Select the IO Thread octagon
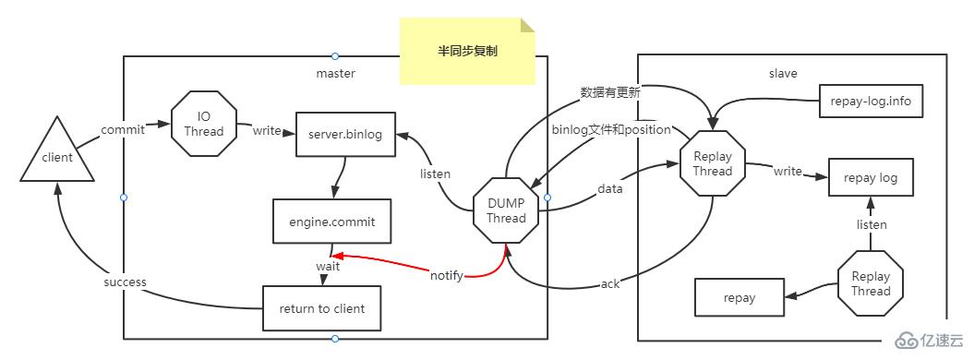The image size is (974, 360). click(x=204, y=124)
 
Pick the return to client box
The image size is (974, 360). click(x=321, y=308)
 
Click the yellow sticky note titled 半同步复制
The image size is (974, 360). click(x=467, y=53)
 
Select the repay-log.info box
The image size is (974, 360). click(x=871, y=101)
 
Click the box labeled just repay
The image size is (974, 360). click(x=740, y=297)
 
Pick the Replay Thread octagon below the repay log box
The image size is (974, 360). click(x=870, y=283)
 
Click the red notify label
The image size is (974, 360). click(x=447, y=275)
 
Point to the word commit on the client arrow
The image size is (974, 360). click(x=123, y=130)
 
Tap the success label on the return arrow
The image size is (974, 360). click(x=125, y=282)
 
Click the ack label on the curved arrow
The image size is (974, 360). click(x=610, y=283)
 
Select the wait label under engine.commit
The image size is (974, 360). click(x=329, y=266)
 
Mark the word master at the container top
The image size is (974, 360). click(x=336, y=73)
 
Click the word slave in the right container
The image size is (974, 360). click(x=783, y=73)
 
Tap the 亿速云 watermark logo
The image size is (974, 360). click(x=932, y=340)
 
